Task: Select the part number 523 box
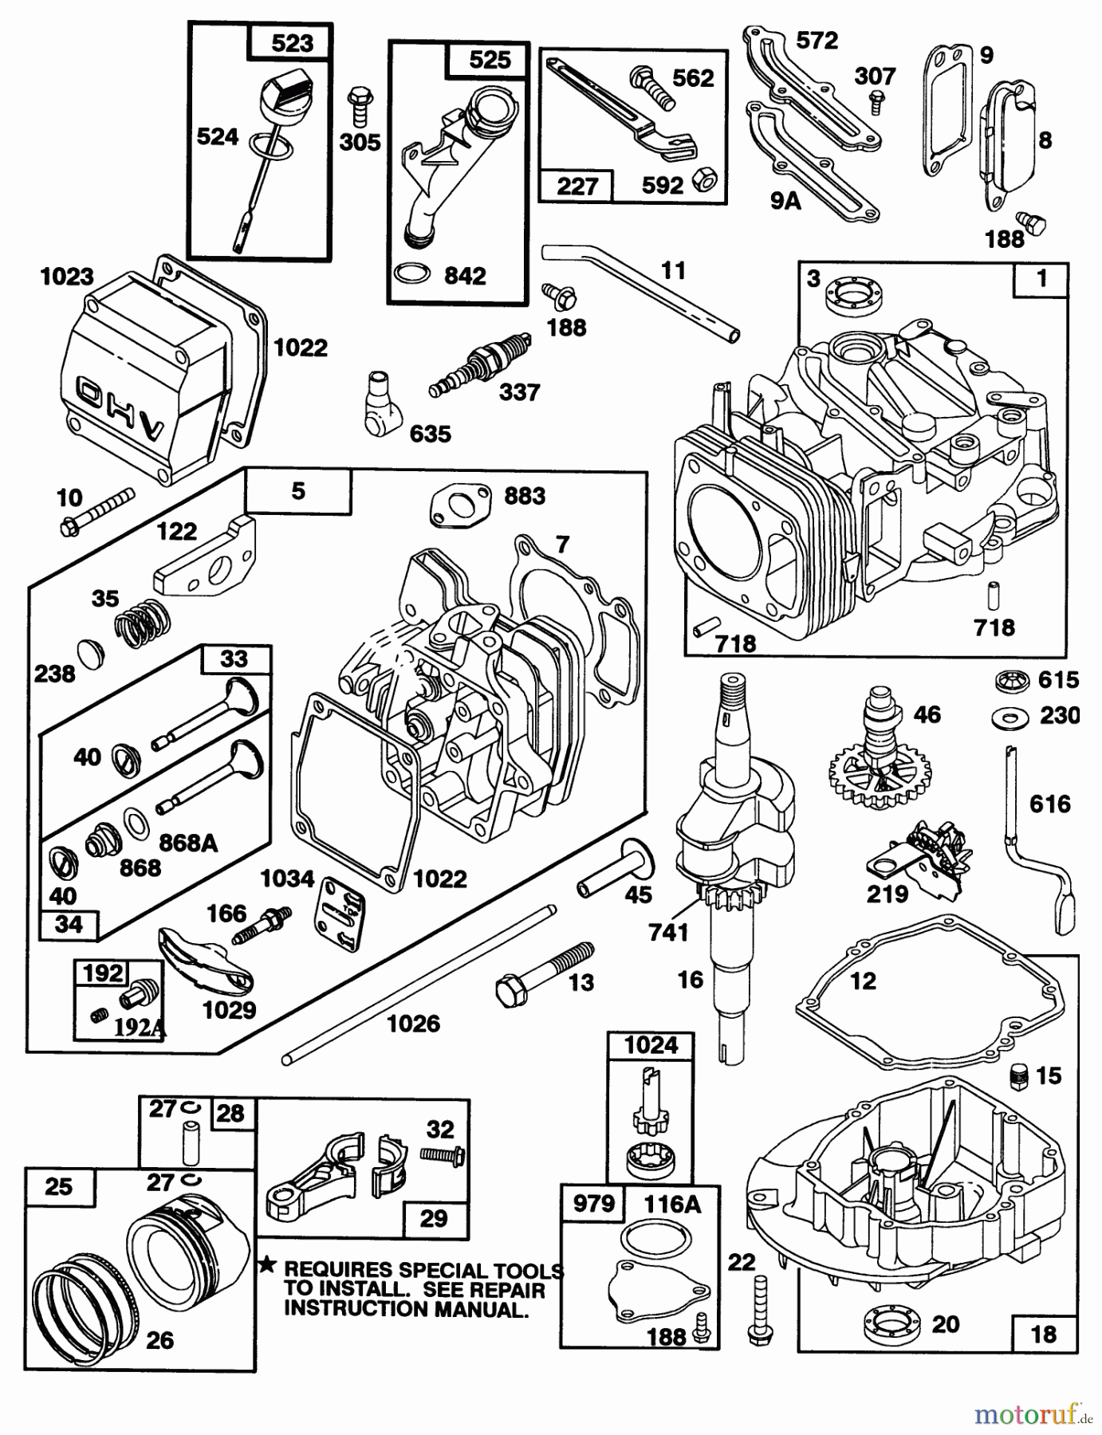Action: tap(291, 43)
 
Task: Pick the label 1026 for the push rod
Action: tap(413, 1024)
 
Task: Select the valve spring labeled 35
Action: tap(144, 621)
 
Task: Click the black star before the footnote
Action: tap(267, 1265)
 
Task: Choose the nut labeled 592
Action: tap(704, 181)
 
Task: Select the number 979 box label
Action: tap(593, 1203)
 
